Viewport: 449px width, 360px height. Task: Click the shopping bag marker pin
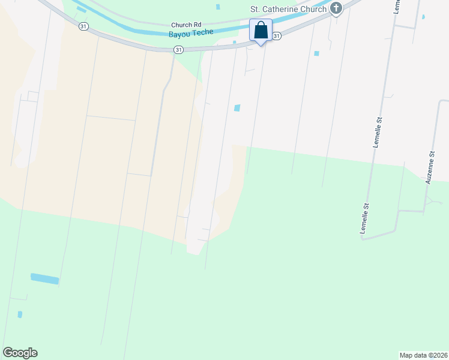[261, 31]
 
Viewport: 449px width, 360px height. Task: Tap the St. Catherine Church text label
[288, 9]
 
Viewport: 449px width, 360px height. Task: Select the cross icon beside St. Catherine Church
[336, 8]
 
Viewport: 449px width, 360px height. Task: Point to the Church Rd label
[185, 25]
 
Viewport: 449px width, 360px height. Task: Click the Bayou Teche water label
[191, 32]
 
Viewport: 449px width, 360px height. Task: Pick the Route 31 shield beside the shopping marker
[276, 37]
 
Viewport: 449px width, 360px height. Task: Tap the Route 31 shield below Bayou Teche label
[178, 50]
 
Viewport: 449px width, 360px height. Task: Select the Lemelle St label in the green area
[364, 218]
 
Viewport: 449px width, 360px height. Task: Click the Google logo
[20, 353]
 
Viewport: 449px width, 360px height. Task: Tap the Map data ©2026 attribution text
[423, 355]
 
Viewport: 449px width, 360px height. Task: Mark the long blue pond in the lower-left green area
[45, 279]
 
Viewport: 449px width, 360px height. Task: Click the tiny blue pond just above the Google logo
[20, 314]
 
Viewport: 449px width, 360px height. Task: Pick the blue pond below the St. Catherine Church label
[316, 53]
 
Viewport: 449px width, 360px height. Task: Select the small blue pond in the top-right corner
[424, 17]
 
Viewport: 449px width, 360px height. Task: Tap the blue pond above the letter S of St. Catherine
[217, 7]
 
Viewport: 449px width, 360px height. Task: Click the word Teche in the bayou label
[202, 32]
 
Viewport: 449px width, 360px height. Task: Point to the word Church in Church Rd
[181, 25]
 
